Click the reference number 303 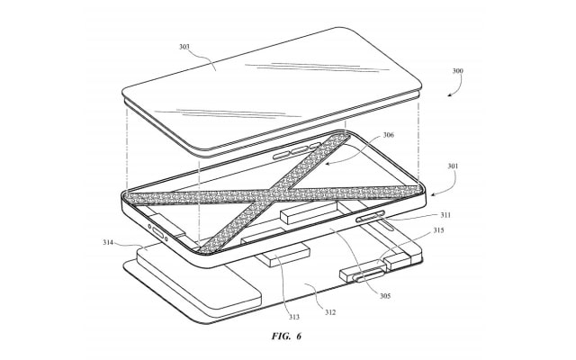tap(184, 47)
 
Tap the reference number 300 tap(457, 71)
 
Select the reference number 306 tap(388, 135)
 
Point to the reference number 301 tap(453, 166)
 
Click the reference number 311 tap(445, 215)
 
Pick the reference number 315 tap(438, 230)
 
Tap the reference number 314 tap(108, 242)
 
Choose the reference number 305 tap(385, 296)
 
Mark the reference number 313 tap(294, 317)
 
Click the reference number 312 tap(330, 312)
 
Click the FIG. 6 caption tap(286, 336)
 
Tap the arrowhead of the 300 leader tap(450, 94)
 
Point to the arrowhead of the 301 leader tap(434, 194)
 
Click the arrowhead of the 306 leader tap(328, 164)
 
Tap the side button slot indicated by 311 tap(370, 216)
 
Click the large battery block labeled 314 tap(198, 278)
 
